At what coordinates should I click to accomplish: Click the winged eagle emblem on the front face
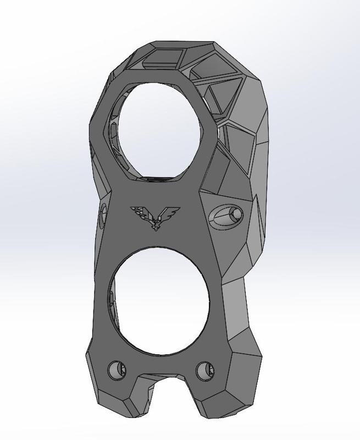155,217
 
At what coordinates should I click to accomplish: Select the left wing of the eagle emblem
140,212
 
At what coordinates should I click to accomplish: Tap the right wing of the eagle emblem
170,212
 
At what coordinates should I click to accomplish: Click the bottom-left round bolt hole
117,370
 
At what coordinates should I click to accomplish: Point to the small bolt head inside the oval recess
235,213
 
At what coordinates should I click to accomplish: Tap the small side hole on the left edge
103,215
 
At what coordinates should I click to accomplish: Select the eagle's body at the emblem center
156,221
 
